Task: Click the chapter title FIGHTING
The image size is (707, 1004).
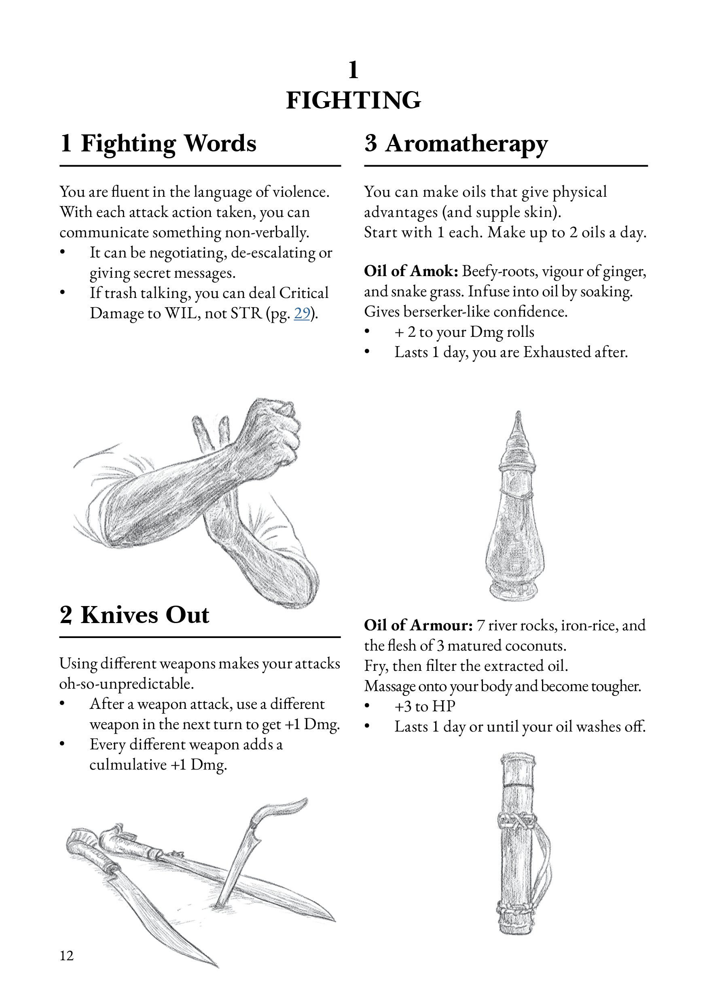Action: [x=353, y=100]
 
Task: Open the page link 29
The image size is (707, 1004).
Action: [x=302, y=313]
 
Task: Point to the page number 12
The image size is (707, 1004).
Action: [x=67, y=956]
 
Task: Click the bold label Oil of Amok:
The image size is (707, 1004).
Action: [x=411, y=271]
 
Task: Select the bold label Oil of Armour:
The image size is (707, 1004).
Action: [x=418, y=625]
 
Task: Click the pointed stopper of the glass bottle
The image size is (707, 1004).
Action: [x=518, y=426]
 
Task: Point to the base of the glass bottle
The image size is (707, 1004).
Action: [x=516, y=590]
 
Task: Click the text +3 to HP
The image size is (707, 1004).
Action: [x=425, y=706]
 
